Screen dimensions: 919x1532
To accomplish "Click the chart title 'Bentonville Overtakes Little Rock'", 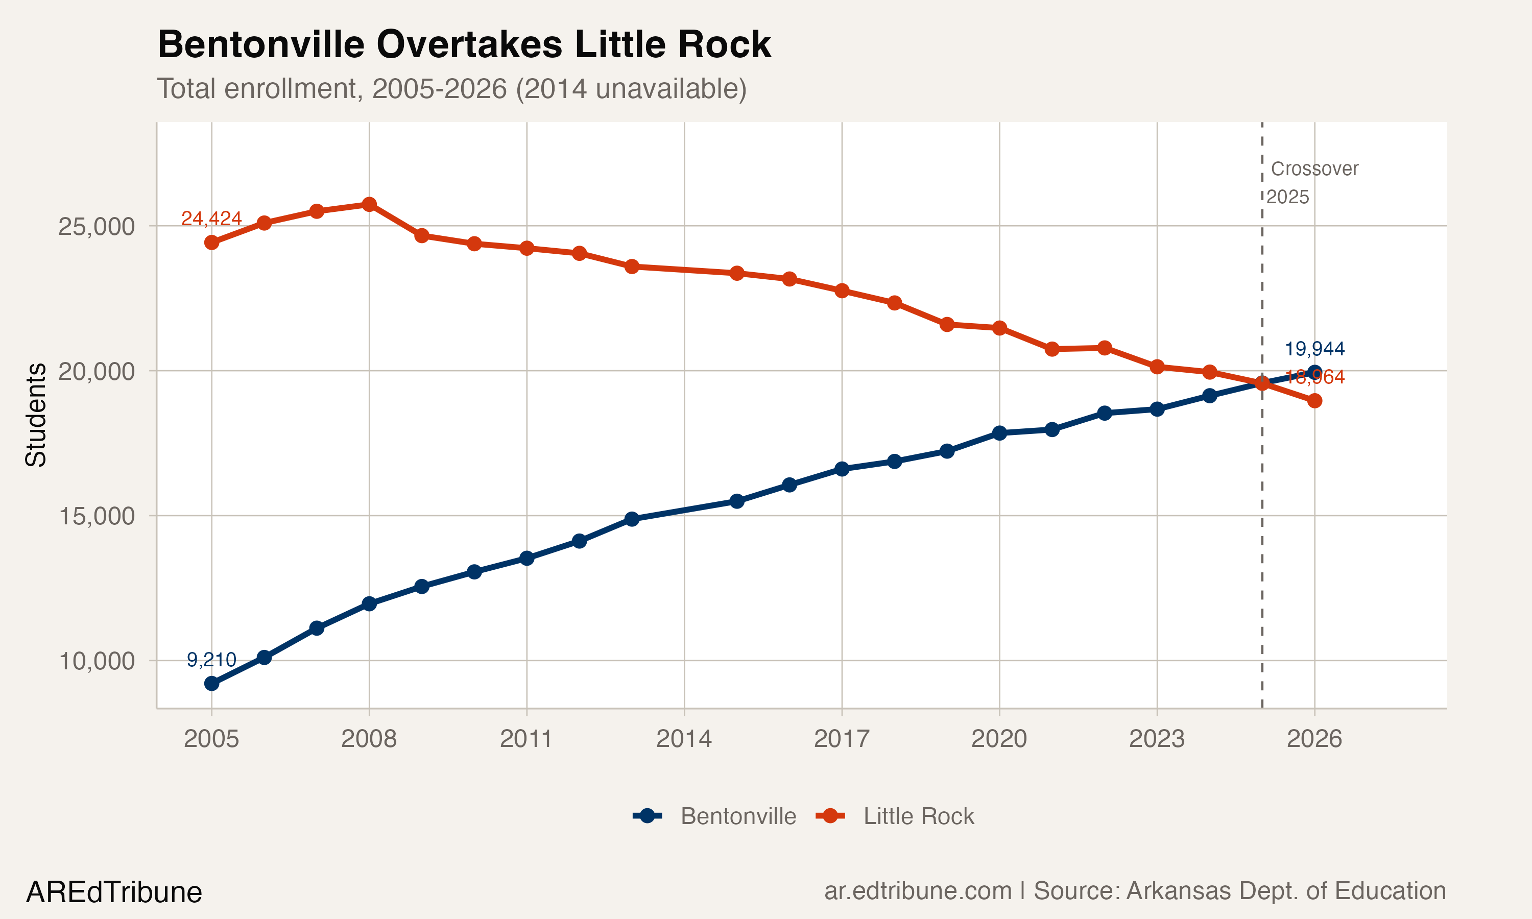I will [x=464, y=44].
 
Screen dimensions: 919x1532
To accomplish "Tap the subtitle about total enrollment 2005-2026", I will [x=451, y=88].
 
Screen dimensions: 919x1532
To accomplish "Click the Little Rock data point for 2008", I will [x=369, y=204].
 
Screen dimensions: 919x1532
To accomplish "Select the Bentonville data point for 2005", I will [x=211, y=684].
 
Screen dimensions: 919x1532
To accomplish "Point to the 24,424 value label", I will [x=211, y=219].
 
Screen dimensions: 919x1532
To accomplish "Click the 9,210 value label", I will [x=211, y=660].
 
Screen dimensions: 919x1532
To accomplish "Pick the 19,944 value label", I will [x=1314, y=349].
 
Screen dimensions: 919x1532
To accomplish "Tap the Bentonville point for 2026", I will [x=1314, y=373].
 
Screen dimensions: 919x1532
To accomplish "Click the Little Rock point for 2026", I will [x=1314, y=401].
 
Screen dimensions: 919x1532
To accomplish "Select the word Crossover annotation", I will [x=1314, y=169].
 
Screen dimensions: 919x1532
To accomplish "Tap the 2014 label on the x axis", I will [x=684, y=739].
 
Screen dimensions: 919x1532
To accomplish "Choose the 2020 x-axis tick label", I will [x=999, y=739].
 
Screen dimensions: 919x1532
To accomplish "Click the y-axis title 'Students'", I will [x=36, y=415].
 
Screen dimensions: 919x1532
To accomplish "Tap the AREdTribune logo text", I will [x=114, y=892].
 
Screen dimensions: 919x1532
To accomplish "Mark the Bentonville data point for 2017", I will [x=842, y=469].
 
